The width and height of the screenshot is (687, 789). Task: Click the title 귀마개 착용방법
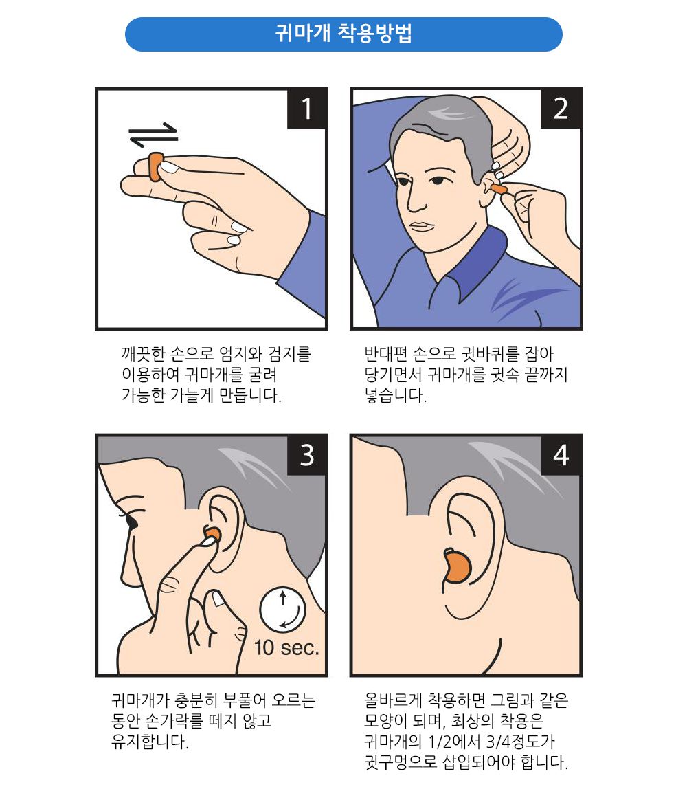(343, 34)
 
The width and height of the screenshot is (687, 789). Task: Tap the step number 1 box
(306, 109)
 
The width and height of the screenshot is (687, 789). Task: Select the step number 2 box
(561, 109)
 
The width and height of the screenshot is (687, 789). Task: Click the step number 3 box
(306, 455)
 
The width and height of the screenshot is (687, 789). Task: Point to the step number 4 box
(561, 455)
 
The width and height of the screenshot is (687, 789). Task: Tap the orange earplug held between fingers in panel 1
(155, 167)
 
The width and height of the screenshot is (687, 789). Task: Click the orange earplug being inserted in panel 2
(498, 188)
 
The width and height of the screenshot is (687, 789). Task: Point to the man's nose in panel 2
(416, 199)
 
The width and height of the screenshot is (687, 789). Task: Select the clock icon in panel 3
(282, 608)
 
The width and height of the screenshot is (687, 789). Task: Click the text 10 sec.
(286, 647)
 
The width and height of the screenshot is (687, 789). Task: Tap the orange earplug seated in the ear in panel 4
(455, 568)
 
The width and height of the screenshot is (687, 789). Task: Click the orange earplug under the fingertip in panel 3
(212, 535)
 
